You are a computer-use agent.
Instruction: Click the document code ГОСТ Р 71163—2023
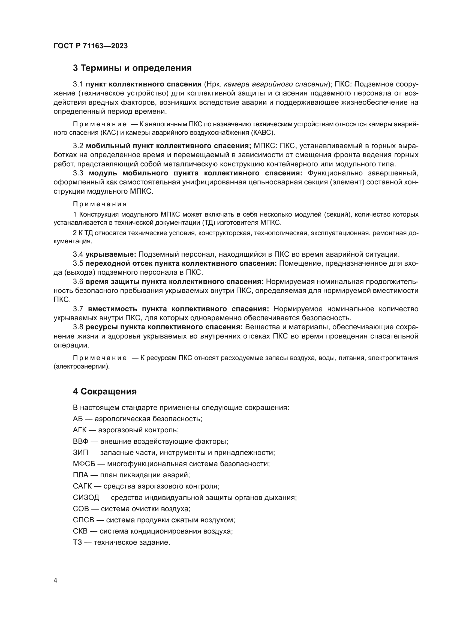91,46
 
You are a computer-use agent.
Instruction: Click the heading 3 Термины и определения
132,68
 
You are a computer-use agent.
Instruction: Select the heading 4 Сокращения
105,391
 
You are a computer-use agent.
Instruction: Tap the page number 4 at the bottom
55,580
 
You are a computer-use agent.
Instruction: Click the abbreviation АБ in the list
78,419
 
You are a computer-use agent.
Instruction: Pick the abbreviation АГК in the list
80,430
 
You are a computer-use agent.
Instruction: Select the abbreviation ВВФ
80,441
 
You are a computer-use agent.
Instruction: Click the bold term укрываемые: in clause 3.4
110,254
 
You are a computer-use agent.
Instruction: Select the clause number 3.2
78,146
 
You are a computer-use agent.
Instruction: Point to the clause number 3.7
78,309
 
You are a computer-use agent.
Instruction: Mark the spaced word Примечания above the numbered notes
100,204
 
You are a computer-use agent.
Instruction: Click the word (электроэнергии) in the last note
82,367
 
